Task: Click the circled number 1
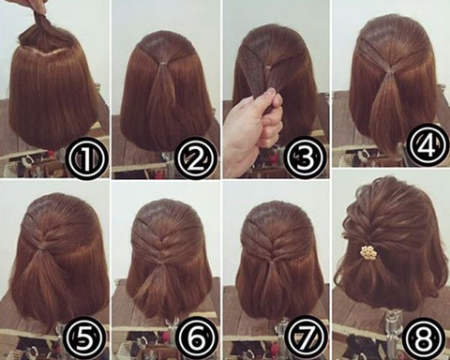(x=85, y=159)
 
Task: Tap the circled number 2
(x=196, y=159)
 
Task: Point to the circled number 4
(x=427, y=143)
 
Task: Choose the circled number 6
(x=197, y=339)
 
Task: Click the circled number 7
(x=305, y=339)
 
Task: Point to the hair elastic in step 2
(x=162, y=64)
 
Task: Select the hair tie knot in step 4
(x=388, y=73)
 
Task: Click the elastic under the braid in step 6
(x=160, y=264)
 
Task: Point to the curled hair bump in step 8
(x=358, y=216)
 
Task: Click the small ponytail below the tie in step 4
(x=387, y=103)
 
